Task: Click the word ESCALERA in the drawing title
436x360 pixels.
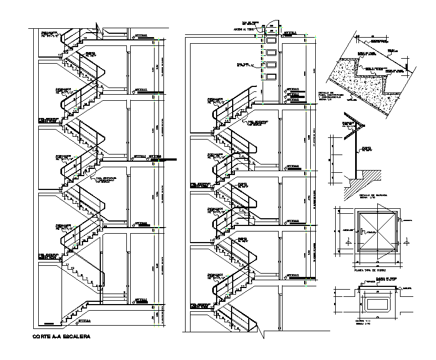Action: tap(77, 336)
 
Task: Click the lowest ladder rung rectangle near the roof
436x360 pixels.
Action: tap(271, 77)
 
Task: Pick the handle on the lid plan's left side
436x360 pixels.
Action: tap(361, 232)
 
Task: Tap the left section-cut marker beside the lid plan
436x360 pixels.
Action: tap(346, 243)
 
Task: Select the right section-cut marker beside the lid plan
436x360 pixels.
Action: tap(407, 243)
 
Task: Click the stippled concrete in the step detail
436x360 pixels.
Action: tap(355, 83)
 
